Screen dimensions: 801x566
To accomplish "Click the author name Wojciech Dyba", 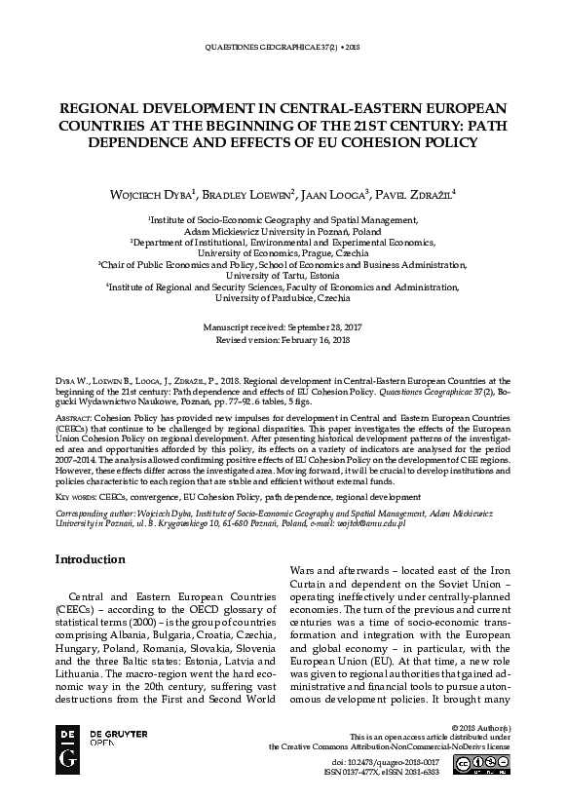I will (x=148, y=195).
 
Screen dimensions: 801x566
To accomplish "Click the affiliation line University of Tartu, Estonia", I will (x=283, y=276).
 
